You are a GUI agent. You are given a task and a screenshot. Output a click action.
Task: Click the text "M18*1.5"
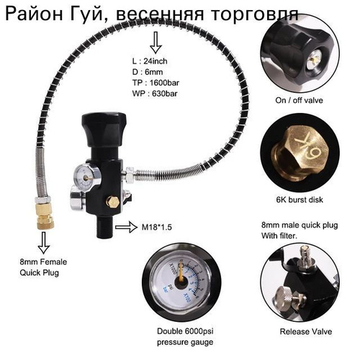click(x=157, y=227)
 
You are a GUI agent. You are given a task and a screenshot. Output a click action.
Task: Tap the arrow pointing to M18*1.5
click(x=126, y=227)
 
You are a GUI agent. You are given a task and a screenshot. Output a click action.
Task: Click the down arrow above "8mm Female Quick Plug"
click(x=44, y=243)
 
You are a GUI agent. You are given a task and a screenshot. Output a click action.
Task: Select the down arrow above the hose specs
click(x=156, y=42)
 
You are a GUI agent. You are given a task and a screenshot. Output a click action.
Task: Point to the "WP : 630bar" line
click(x=155, y=94)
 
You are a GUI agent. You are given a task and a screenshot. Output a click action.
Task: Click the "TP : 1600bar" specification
click(x=156, y=83)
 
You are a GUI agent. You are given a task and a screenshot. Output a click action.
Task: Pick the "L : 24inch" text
click(x=150, y=61)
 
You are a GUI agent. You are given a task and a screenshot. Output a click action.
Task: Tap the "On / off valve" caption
click(x=299, y=100)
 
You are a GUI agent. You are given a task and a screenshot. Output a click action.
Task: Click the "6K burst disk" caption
click(x=300, y=199)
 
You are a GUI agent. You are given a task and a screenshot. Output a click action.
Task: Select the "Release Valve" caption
click(x=306, y=332)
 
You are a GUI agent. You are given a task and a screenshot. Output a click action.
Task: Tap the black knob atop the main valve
click(x=104, y=130)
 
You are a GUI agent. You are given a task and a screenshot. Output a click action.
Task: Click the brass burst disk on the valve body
click(x=113, y=202)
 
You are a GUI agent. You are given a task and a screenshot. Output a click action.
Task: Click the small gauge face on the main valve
click(x=86, y=179)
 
